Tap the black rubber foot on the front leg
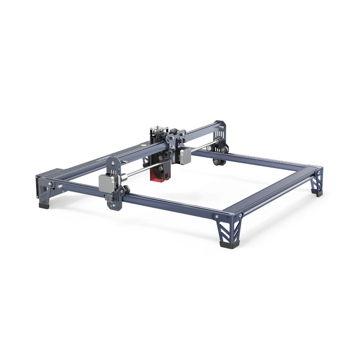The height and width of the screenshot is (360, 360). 227,242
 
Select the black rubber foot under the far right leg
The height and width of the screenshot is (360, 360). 317,192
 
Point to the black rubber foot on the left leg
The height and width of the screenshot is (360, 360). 44,204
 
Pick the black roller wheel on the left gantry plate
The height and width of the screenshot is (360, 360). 127,190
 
